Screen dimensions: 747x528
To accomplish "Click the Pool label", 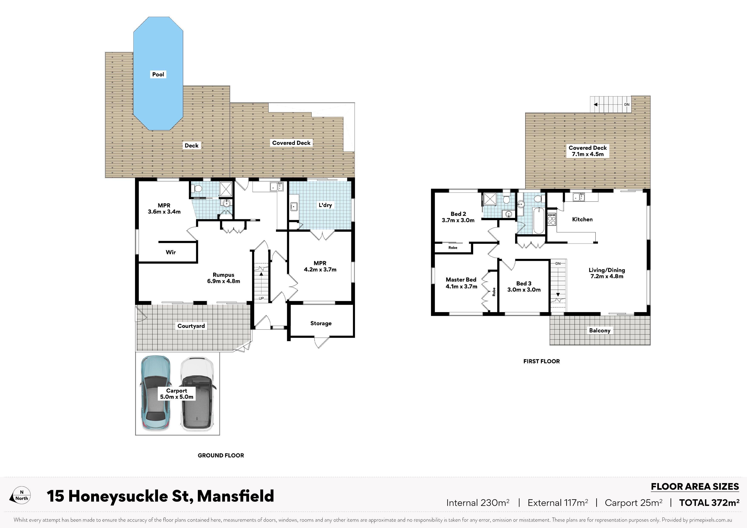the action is tap(158, 75).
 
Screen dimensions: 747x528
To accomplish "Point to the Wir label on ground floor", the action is tap(171, 252).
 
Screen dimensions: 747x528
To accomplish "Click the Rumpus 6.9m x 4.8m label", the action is tap(224, 278).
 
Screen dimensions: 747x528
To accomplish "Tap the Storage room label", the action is tap(321, 323).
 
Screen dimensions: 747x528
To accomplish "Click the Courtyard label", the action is tap(191, 326).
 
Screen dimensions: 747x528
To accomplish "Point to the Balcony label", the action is tap(600, 330).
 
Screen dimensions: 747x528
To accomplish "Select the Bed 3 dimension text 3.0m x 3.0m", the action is tap(524, 290).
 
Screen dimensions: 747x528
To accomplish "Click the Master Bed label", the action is tap(461, 280).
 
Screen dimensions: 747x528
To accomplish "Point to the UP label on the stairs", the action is tap(261, 298).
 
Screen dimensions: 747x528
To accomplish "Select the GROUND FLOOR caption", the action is tap(221, 455).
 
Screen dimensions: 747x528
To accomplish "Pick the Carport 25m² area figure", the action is tap(634, 503).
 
